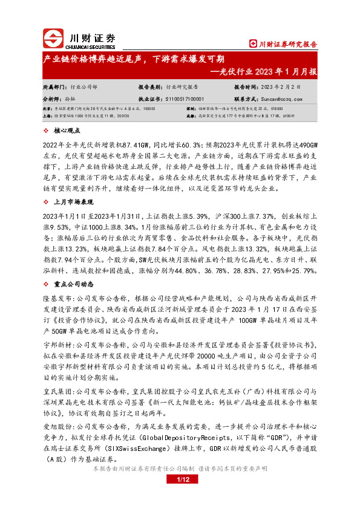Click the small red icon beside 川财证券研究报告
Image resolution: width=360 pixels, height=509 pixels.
[254, 44]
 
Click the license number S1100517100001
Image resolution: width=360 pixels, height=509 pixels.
[184, 98]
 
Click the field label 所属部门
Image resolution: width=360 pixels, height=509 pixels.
[54, 86]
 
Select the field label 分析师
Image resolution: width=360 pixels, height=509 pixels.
[52, 98]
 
